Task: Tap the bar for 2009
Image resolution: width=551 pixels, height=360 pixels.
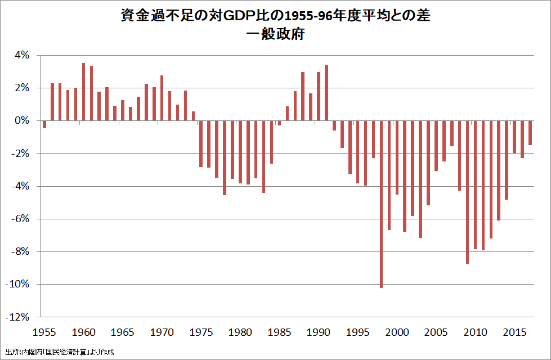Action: tap(467, 192)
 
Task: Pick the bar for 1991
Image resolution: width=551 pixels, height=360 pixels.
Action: tap(326, 93)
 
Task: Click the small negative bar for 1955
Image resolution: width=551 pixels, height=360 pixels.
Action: tap(44, 124)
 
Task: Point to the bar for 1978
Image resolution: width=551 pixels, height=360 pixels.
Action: tap(225, 157)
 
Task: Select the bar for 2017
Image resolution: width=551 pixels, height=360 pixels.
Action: tap(530, 133)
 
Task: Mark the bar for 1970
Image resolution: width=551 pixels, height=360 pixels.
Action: tap(162, 98)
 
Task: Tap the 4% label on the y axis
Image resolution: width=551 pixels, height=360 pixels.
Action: tap(22, 55)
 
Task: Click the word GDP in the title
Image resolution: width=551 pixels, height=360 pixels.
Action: tap(239, 16)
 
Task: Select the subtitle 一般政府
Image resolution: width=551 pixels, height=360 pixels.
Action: tap(275, 34)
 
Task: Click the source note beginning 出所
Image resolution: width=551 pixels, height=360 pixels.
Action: tap(59, 352)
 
